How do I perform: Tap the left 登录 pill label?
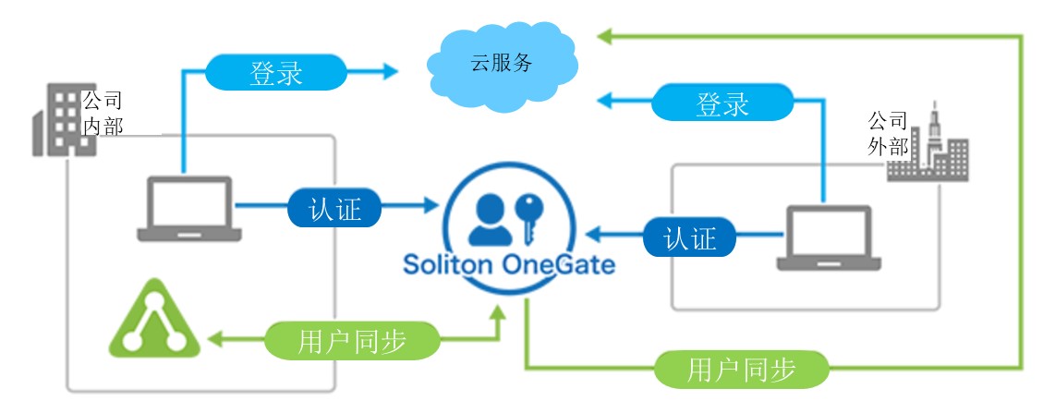coord(275,72)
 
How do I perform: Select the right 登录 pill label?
coord(722,103)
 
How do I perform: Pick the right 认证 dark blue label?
coord(689,237)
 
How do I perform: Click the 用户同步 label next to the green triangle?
coord(352,340)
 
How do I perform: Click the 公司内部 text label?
coord(102,113)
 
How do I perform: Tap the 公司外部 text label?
coord(887,133)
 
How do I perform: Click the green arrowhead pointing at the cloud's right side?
coord(604,36)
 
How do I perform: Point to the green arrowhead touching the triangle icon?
coord(215,340)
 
